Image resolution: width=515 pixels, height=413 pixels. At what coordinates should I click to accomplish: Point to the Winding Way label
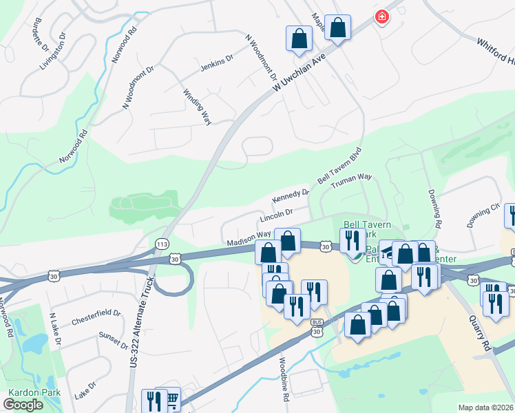coord(196,107)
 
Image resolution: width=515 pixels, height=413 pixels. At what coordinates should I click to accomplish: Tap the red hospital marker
coord(381,17)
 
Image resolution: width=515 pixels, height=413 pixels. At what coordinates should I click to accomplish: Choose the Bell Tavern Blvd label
coord(339,166)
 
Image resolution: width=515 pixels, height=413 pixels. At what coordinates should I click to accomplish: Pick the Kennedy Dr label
coord(291,196)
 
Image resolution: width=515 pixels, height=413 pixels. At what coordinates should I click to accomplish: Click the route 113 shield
coord(162,244)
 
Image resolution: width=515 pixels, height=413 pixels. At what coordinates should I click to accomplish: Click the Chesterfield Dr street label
coord(96,318)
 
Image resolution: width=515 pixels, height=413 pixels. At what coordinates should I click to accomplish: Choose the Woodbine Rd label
coord(283,380)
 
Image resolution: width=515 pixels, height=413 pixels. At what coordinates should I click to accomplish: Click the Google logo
coord(23,405)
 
